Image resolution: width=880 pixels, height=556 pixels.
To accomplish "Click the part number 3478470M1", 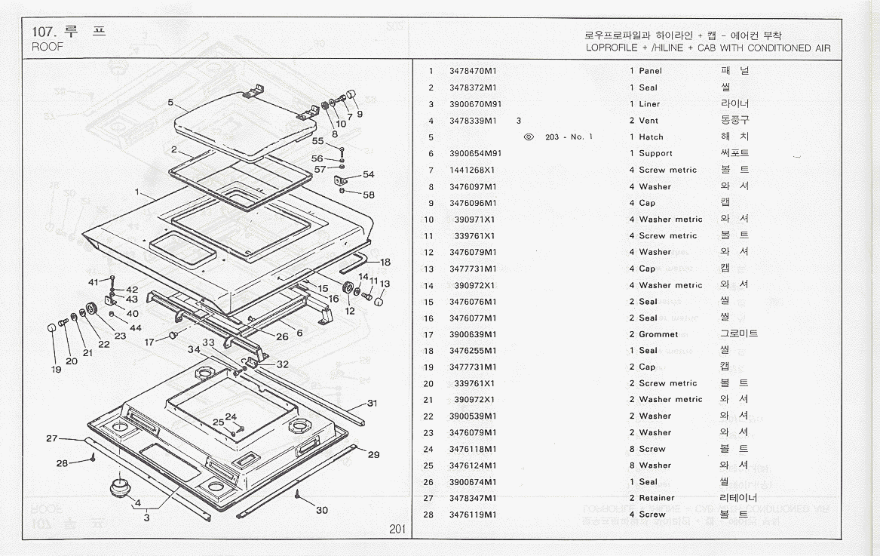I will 473,71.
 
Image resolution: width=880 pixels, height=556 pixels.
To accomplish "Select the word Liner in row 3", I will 649,104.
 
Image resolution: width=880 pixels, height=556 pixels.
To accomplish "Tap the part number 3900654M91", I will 475,153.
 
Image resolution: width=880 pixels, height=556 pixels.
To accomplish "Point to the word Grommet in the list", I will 658,334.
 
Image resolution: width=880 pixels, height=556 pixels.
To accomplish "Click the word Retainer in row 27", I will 657,498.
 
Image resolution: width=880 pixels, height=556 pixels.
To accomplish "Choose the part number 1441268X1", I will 473,170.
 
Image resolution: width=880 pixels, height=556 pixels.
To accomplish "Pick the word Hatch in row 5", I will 651,137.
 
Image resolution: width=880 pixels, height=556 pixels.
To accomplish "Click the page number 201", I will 398,529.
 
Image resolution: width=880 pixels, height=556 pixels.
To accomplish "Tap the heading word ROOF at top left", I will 48,46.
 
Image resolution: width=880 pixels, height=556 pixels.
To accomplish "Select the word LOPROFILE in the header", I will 611,48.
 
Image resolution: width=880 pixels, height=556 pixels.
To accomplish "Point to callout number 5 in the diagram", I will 171,102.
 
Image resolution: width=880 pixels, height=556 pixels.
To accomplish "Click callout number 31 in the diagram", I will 372,403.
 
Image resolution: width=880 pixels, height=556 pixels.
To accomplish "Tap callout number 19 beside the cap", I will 56,370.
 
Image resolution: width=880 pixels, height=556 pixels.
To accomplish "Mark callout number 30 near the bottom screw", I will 322,510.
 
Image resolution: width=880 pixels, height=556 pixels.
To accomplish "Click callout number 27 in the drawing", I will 52,438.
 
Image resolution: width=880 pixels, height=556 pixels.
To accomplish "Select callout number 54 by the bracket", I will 368,174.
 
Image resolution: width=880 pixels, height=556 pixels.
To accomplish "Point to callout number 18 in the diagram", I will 385,263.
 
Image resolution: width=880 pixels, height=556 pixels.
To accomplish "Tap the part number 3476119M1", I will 473,515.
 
